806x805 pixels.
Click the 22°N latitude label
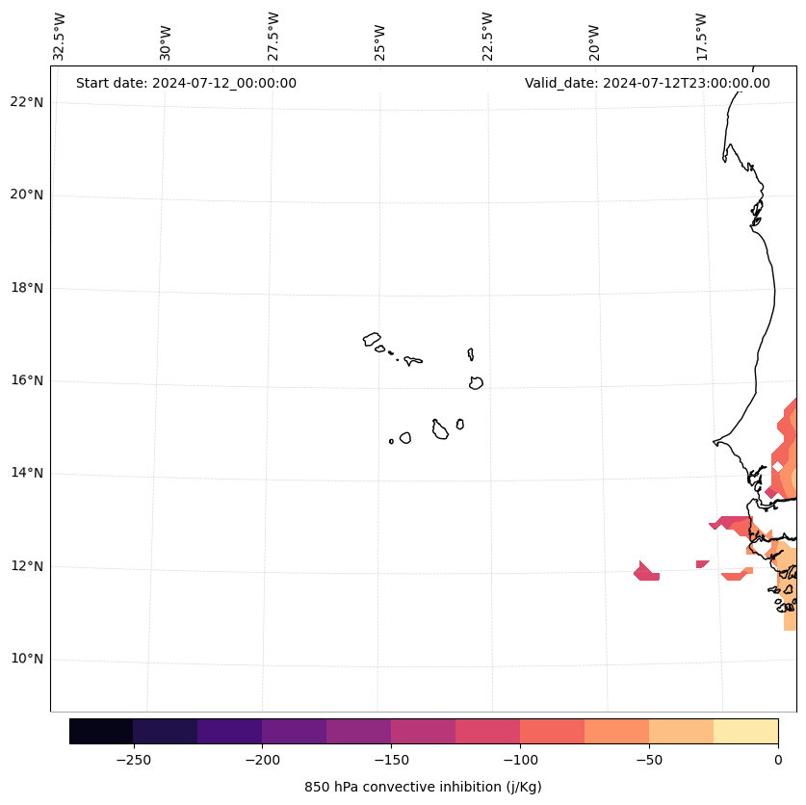click(27, 102)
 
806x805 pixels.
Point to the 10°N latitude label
click(27, 660)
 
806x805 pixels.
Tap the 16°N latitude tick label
click(27, 380)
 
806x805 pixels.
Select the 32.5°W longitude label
click(60, 37)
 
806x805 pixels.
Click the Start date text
click(186, 83)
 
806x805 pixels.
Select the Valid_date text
click(647, 83)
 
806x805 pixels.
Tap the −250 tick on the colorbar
click(133, 759)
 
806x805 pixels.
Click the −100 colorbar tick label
click(520, 759)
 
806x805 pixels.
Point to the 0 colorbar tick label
click(778, 759)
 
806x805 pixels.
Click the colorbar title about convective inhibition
click(423, 787)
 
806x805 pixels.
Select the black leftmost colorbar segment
click(101, 731)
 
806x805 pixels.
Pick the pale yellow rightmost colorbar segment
click(745, 731)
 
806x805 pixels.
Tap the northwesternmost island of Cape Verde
click(372, 339)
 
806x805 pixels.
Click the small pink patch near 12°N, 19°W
click(647, 572)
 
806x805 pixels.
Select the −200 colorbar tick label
click(262, 759)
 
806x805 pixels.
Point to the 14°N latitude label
click(27, 473)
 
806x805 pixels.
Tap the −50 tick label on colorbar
click(649, 759)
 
